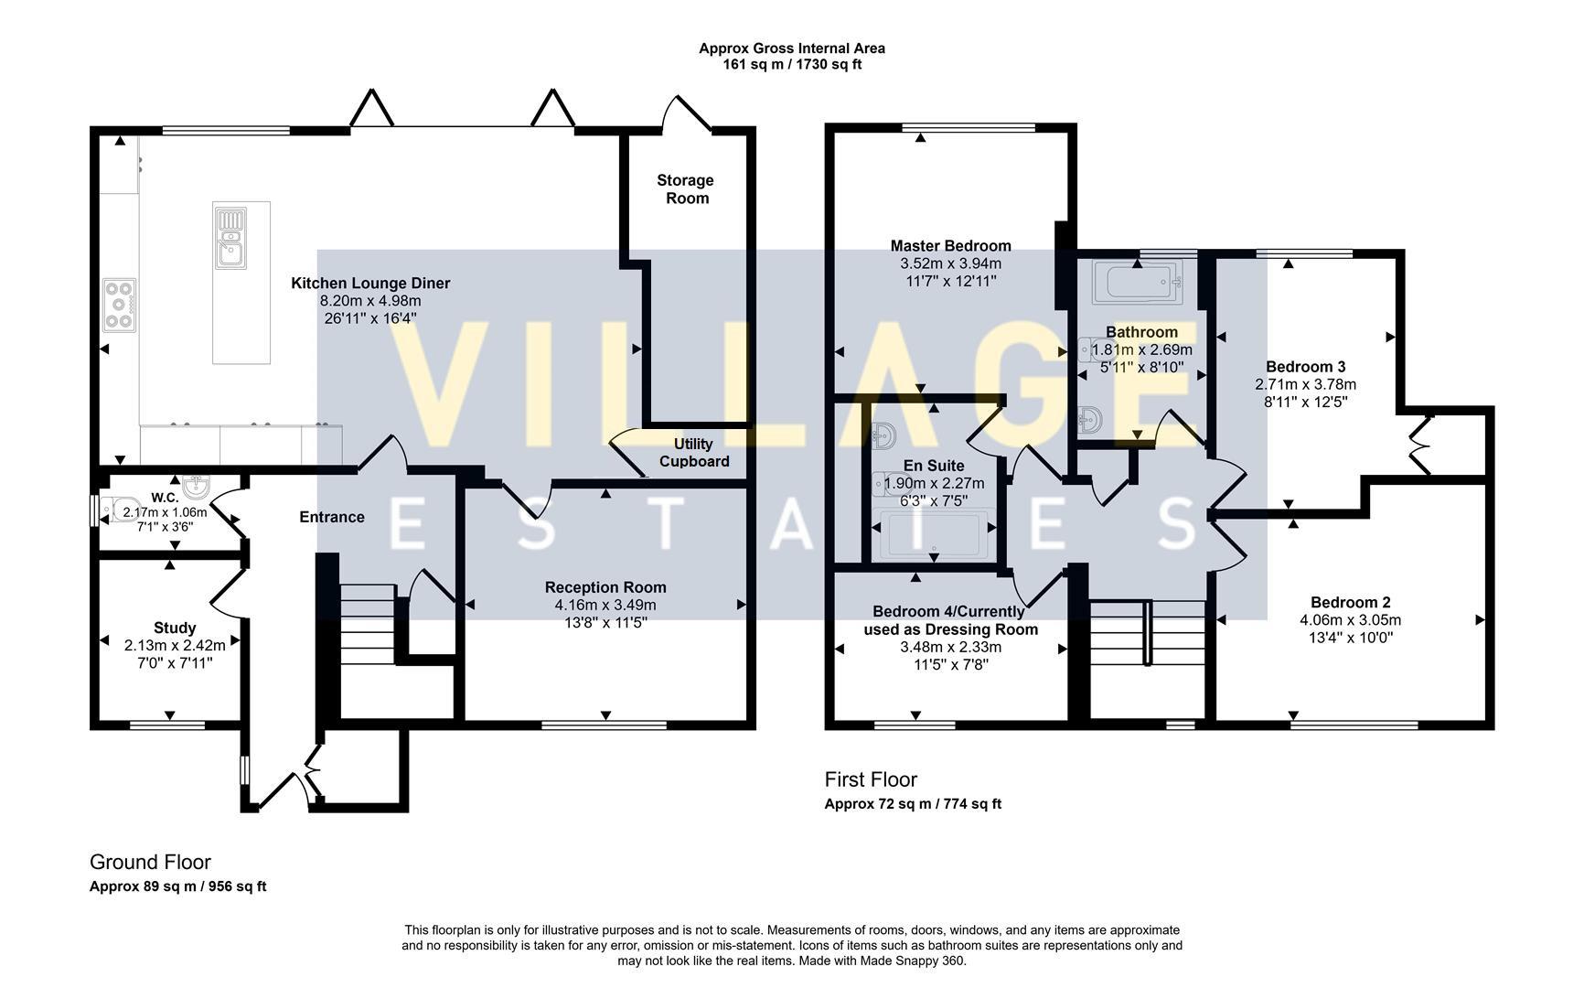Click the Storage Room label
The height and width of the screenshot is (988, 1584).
click(x=685, y=189)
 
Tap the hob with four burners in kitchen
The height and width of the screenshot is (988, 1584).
click(x=119, y=305)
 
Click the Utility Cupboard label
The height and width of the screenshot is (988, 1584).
click(x=694, y=453)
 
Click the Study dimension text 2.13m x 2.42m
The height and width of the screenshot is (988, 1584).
click(x=175, y=645)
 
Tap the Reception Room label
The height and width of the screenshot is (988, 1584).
click(x=605, y=587)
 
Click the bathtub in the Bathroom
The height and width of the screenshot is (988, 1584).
click(x=1138, y=281)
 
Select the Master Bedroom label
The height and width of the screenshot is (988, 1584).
click(x=950, y=245)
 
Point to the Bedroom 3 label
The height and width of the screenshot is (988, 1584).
click(x=1305, y=367)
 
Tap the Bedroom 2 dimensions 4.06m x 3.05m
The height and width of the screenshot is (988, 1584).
click(x=1350, y=619)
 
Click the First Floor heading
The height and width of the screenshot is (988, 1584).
click(x=870, y=779)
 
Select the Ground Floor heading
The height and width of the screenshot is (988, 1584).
click(x=150, y=862)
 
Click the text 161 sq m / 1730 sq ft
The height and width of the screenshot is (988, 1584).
click(x=792, y=65)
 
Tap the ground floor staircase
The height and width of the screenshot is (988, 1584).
click(x=368, y=631)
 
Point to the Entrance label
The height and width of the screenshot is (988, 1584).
click(x=332, y=517)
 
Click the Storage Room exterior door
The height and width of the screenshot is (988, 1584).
click(x=687, y=112)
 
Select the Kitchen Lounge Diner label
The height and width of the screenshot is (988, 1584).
click(x=370, y=283)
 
